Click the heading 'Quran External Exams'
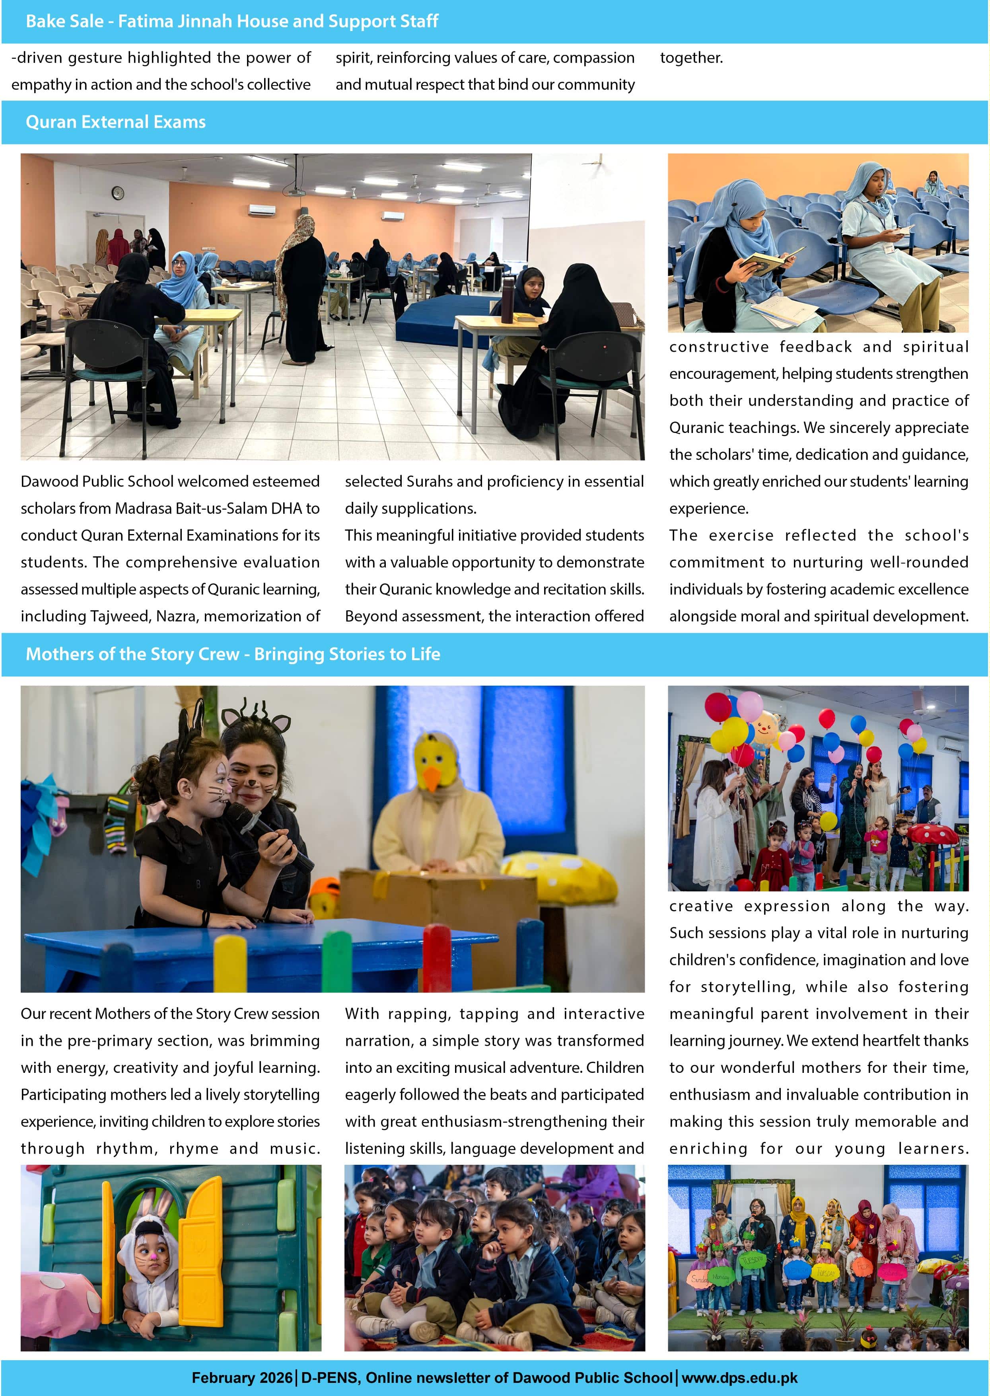pyautogui.click(x=115, y=122)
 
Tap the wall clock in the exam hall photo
pyautogui.click(x=118, y=193)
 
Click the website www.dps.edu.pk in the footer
pyautogui.click(x=739, y=1378)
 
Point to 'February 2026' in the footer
pyautogui.click(x=241, y=1378)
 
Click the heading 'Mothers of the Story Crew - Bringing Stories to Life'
pyautogui.click(x=232, y=654)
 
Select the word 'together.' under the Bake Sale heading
pyautogui.click(x=691, y=58)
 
